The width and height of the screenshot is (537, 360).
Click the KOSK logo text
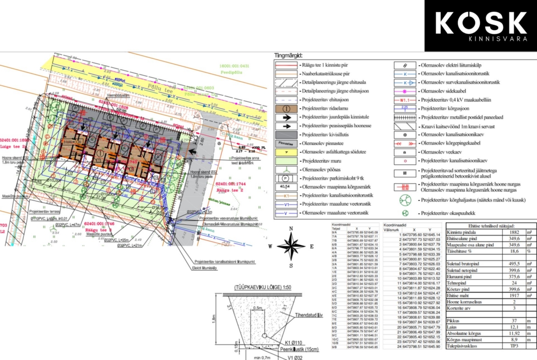click(x=481, y=23)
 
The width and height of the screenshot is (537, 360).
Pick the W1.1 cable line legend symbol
click(x=404, y=100)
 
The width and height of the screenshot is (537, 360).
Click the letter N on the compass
click(x=291, y=228)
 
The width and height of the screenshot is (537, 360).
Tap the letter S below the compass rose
click(x=291, y=266)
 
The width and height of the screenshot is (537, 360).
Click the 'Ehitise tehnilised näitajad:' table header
click(x=488, y=226)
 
